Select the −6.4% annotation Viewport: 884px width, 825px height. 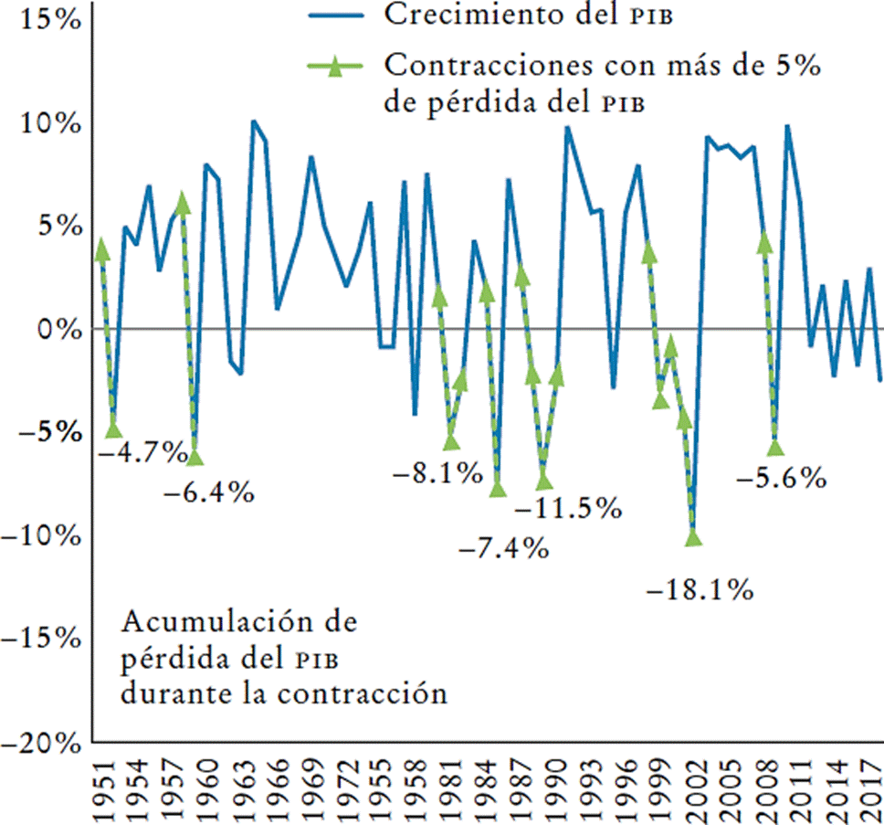[x=209, y=493]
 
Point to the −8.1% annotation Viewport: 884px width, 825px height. [x=437, y=472]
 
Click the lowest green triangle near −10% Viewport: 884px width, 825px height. [x=693, y=538]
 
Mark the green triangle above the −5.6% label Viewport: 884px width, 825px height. [x=775, y=447]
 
